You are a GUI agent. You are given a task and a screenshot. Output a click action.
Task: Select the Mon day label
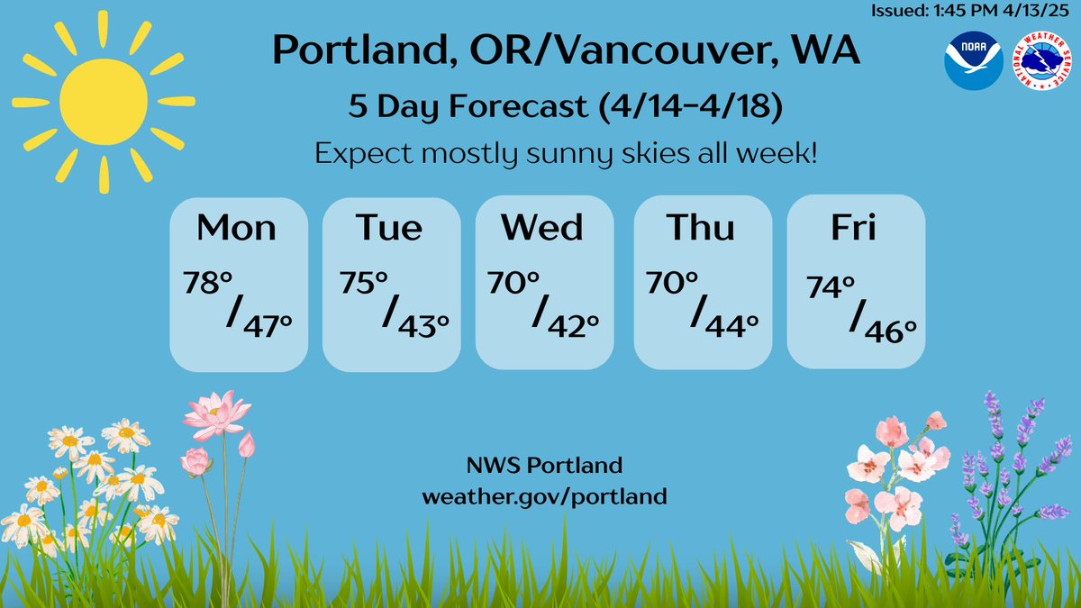pyautogui.click(x=236, y=227)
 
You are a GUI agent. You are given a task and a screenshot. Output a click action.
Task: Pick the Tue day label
pyautogui.click(x=388, y=227)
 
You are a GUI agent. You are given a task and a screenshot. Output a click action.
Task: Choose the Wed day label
pyautogui.click(x=543, y=227)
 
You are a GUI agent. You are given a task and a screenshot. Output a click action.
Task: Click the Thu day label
pyautogui.click(x=701, y=227)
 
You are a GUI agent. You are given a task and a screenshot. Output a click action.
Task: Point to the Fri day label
pyautogui.click(x=854, y=227)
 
